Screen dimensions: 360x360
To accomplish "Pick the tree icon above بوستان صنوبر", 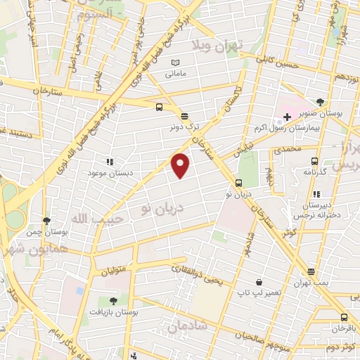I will click(x=321, y=102).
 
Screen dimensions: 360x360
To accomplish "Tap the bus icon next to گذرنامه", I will click(x=314, y=160).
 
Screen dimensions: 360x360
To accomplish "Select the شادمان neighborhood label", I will click(x=187, y=325).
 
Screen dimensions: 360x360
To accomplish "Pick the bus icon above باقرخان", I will click(x=344, y=317).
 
